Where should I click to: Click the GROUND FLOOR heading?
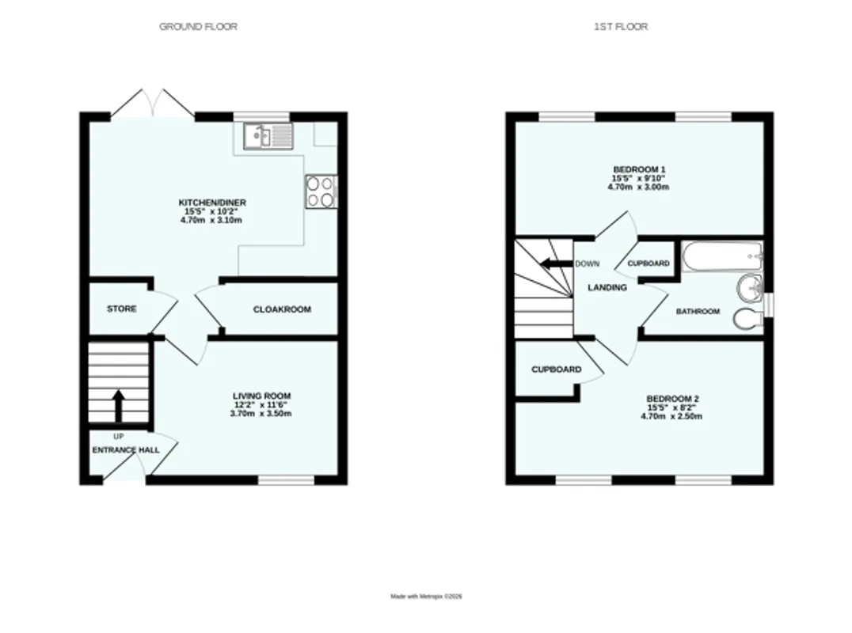tap(198, 27)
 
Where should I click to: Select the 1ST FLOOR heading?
tap(621, 27)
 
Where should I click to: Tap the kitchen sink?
tap(268, 136)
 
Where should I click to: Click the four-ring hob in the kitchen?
tap(321, 191)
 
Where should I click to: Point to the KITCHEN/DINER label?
tap(212, 203)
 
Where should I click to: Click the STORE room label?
tap(122, 309)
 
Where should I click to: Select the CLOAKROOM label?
tap(282, 309)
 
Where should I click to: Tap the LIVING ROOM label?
tap(262, 396)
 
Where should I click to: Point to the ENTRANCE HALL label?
tap(126, 450)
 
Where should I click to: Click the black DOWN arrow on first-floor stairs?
tap(556, 264)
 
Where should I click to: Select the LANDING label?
tap(607, 288)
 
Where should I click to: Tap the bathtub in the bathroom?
tap(722, 257)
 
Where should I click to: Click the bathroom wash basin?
tap(751, 286)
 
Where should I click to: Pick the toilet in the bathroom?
tap(748, 319)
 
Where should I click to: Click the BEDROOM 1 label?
tap(639, 169)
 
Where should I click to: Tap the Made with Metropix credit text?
tap(426, 597)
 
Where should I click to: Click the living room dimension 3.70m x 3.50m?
tap(261, 414)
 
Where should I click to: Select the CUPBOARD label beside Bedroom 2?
tap(557, 370)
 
